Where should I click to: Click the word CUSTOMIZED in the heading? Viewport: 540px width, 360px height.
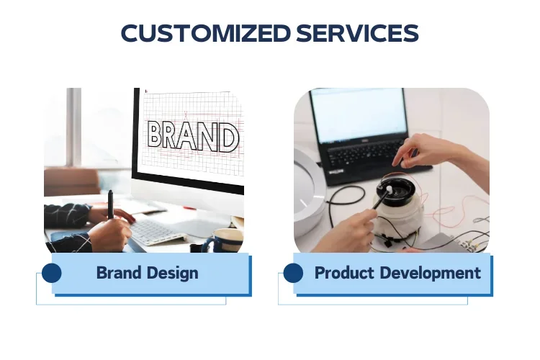coord(206,33)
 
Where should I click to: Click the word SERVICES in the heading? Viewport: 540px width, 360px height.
coord(357,33)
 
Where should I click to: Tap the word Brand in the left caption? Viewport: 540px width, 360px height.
coord(119,273)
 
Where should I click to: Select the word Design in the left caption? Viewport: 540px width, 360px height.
coord(172,274)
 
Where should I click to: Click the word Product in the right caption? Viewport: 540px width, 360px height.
coord(344,273)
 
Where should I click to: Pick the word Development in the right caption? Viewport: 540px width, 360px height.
coord(431,274)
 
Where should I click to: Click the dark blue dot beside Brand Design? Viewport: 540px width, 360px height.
coord(52,273)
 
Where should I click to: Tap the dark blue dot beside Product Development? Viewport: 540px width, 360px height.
coord(294,273)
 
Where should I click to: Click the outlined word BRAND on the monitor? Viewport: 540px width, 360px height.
coord(193,137)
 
